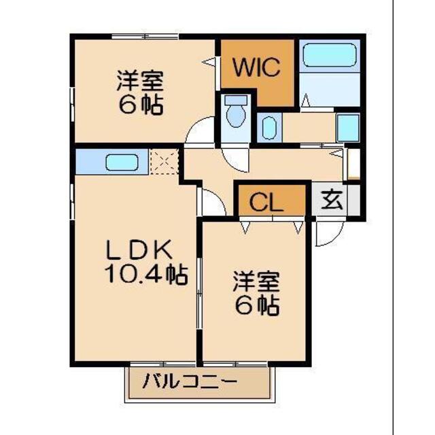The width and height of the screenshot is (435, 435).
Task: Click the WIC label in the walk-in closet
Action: tap(256, 68)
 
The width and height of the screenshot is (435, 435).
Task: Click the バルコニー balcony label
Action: tap(190, 381)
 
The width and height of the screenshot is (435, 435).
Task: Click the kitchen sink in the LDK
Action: tap(121, 163)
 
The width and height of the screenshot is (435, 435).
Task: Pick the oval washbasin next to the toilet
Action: tap(267, 127)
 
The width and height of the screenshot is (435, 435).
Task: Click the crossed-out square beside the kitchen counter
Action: tap(163, 162)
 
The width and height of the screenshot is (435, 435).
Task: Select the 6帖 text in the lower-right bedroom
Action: tap(258, 306)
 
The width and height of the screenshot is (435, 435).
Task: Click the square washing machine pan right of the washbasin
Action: tap(348, 127)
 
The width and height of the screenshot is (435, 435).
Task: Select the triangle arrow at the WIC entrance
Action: tap(211, 62)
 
